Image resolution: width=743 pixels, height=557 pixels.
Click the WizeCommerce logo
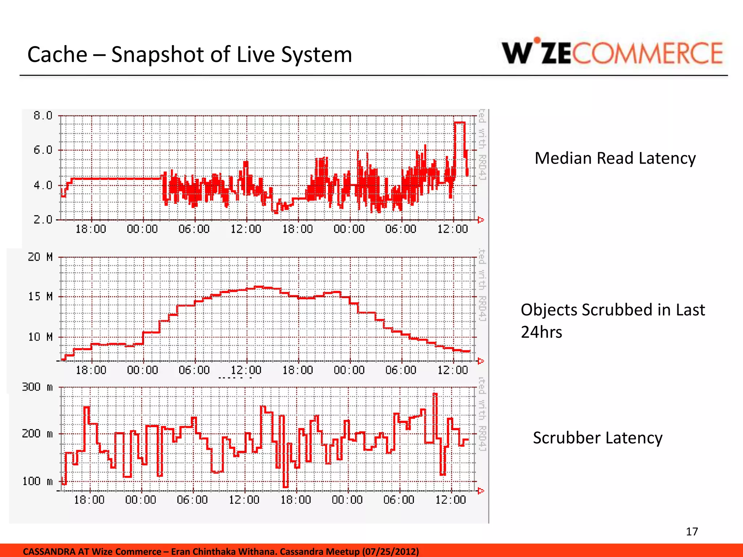click(x=612, y=53)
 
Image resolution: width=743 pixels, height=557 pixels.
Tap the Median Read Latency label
click(x=615, y=158)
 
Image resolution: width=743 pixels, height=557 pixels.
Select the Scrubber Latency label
click(x=597, y=438)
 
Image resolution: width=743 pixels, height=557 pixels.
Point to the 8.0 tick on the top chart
click(x=43, y=116)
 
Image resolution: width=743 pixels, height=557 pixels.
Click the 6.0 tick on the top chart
click(x=43, y=150)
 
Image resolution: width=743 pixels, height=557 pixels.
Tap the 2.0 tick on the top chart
click(x=43, y=219)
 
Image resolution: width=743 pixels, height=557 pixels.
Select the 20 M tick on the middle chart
click(x=40, y=257)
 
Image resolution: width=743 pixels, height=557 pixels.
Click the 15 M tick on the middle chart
click(x=40, y=297)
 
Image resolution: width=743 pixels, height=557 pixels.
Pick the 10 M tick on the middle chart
click(x=40, y=337)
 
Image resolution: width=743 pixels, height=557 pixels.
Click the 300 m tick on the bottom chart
click(x=37, y=387)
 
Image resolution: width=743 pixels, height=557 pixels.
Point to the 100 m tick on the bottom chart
click(x=37, y=481)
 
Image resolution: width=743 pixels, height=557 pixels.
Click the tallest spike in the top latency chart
click(x=459, y=123)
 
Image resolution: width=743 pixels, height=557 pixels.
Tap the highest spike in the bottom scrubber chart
click(x=435, y=394)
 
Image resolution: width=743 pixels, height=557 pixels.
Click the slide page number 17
click(x=691, y=532)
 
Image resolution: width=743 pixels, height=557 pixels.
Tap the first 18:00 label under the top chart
click(x=91, y=229)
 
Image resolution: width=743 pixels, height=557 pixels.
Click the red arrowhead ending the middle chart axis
click(x=481, y=361)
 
